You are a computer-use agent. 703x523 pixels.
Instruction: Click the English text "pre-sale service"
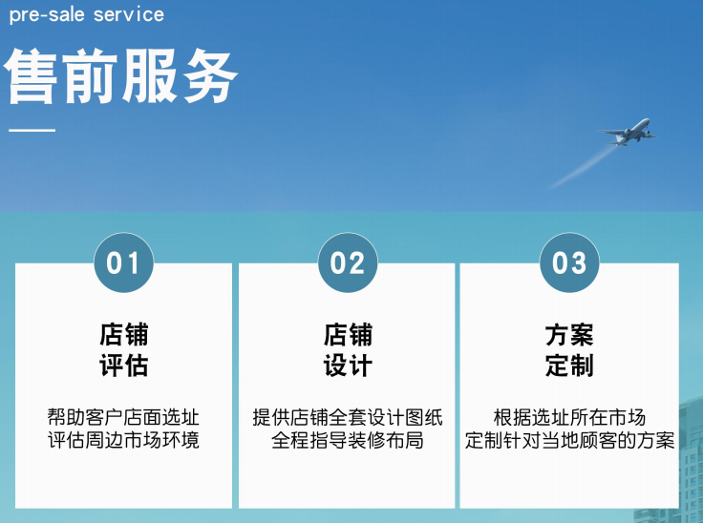[86, 14]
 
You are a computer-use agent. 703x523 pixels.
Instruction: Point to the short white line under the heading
[32, 131]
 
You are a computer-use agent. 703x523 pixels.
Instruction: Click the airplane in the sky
[628, 132]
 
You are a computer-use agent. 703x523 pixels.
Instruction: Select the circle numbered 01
[123, 261]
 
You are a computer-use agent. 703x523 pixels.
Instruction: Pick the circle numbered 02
[348, 261]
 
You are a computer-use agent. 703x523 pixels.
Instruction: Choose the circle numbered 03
[570, 261]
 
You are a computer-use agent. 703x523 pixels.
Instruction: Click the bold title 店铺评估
[123, 349]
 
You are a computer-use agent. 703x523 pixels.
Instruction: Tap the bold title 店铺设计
[348, 349]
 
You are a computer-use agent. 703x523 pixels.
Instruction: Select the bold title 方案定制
[570, 349]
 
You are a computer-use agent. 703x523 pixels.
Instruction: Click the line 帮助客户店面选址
[123, 418]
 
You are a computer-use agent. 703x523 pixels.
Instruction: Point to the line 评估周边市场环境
[123, 441]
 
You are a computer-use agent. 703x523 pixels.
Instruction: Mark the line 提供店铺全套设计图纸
[348, 418]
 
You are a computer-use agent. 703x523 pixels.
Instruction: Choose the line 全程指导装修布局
[348, 441]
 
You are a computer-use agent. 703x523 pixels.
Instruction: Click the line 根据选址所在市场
[570, 418]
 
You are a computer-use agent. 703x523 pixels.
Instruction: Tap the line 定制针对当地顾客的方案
[570, 441]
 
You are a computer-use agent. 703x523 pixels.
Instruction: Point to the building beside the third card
[691, 458]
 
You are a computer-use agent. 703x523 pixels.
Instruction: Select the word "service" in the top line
[128, 14]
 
